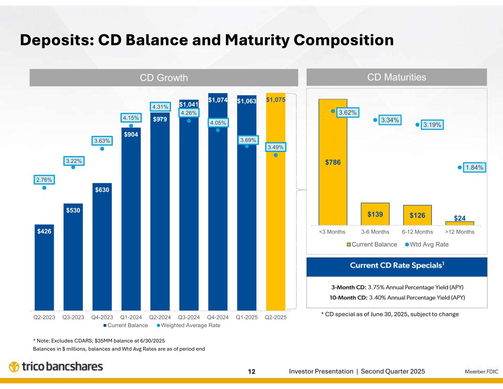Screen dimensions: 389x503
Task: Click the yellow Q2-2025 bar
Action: coord(276,206)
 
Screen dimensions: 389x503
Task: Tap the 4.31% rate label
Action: coord(160,107)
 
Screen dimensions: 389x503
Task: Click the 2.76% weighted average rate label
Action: coord(44,180)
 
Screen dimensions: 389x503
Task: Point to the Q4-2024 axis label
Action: coord(218,317)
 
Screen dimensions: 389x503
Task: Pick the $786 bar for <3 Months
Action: coord(333,162)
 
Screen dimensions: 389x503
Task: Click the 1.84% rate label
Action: coord(474,168)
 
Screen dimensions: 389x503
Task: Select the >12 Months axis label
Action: coord(460,232)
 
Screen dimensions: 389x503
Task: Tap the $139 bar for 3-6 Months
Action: coord(375,214)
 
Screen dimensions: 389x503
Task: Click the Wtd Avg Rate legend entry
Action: coord(429,244)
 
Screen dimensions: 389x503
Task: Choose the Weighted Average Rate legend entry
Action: coord(190,325)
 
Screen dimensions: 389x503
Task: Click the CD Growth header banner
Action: coord(164,77)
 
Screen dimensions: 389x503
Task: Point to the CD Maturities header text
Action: coord(397,77)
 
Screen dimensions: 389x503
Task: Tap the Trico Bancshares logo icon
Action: coord(14,367)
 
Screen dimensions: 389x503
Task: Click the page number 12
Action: coord(252,371)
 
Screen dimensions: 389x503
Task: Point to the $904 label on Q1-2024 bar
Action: coord(131,135)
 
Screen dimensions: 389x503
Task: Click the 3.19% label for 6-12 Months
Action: coord(432,125)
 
